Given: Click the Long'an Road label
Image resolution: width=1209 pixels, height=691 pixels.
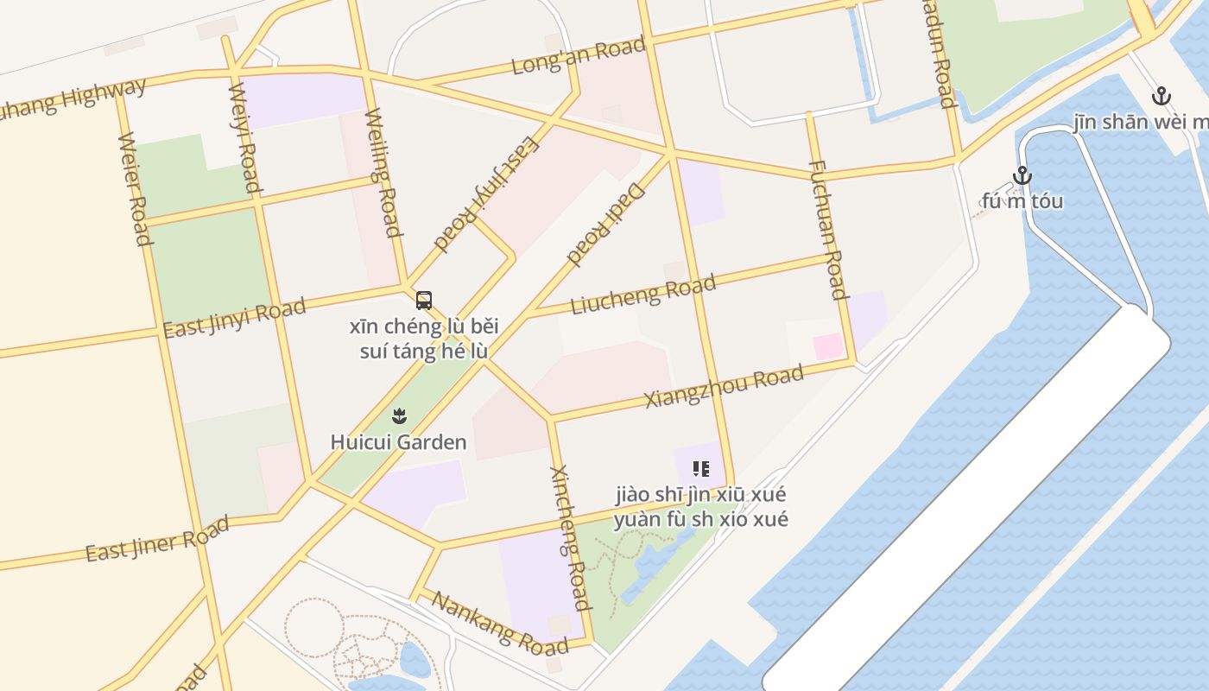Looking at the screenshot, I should (x=578, y=55).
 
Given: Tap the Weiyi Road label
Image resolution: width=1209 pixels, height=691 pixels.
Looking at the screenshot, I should (x=244, y=136).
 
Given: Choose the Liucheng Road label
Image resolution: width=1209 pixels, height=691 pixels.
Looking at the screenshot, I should (x=643, y=294).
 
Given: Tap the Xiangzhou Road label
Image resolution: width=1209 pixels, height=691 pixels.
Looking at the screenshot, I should (x=724, y=388).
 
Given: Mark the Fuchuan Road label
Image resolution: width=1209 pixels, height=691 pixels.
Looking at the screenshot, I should (x=826, y=229).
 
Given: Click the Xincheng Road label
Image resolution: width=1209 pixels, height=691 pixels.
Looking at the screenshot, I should (x=570, y=536).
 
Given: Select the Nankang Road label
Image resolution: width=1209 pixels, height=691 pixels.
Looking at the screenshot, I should (x=500, y=623).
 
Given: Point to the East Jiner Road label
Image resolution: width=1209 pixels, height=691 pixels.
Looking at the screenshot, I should (x=157, y=538).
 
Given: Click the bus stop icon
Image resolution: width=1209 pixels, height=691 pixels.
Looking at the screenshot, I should (x=424, y=301).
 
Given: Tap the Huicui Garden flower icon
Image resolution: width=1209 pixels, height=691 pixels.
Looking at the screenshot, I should (x=399, y=416).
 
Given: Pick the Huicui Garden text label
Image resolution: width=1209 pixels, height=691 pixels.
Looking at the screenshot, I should (x=399, y=442).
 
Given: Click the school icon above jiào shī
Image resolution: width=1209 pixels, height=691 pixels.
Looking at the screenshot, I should (x=701, y=469).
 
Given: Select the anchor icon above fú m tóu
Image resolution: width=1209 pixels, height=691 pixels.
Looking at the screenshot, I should (x=1022, y=175).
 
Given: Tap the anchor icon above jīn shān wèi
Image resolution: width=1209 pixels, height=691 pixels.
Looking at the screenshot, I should (x=1162, y=96).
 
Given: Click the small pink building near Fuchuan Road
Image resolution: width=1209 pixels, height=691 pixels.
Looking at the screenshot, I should (x=828, y=346).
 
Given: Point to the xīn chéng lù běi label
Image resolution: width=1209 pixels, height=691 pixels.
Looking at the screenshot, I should (x=424, y=327).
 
